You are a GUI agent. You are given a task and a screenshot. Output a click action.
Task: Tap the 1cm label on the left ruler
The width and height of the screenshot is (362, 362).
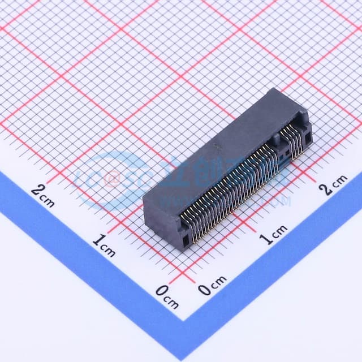[104, 244]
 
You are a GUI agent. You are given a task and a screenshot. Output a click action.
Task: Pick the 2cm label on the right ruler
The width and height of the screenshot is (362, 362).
[335, 184]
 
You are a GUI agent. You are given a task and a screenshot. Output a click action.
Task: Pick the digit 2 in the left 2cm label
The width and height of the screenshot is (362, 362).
[37, 191]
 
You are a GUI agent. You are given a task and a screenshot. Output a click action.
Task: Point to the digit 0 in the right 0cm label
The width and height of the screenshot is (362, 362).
[205, 290]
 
